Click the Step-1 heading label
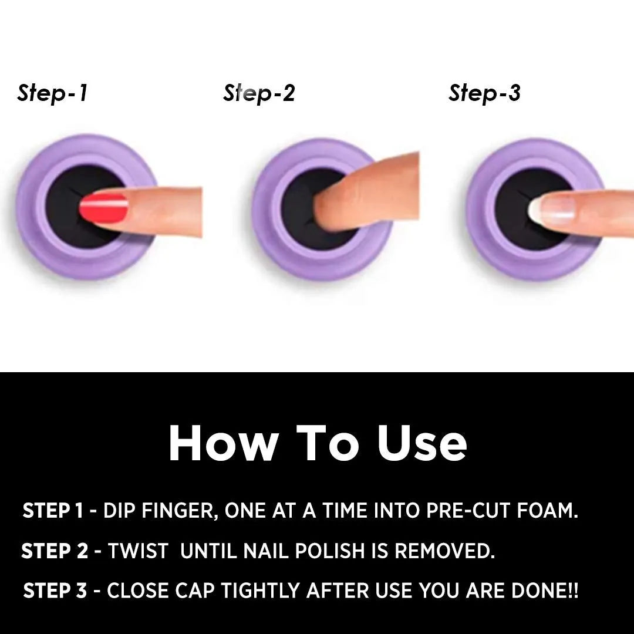tap(52, 93)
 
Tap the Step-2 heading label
tap(259, 93)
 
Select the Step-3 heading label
tap(484, 93)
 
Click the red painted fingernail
tap(103, 208)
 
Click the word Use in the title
tap(423, 443)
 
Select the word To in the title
tap(328, 443)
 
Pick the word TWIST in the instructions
tap(138, 551)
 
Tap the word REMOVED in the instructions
tap(445, 551)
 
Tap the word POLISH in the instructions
tap(330, 551)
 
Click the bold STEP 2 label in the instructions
tap(55, 551)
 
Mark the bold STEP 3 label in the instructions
tap(55, 591)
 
